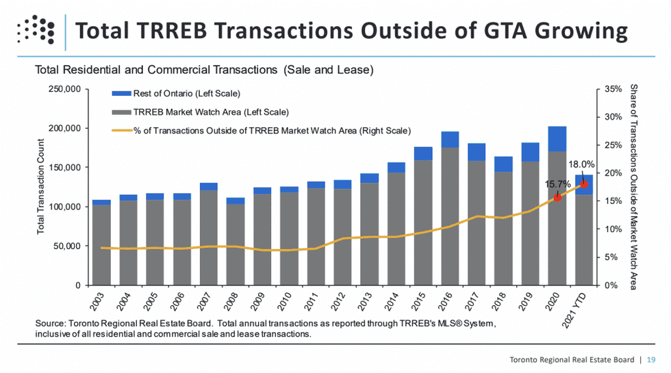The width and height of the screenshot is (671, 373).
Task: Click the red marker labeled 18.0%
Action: coord(584,184)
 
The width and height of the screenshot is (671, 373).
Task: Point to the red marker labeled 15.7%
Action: coord(557,197)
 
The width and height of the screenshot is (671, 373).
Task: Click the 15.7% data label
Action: coord(557,185)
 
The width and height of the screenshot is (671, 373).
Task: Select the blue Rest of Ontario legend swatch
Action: coord(121,94)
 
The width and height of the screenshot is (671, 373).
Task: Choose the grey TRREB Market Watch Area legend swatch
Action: coord(121,112)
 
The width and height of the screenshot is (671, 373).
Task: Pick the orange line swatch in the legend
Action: coord(121,130)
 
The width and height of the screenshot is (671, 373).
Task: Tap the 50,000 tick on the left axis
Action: coord(67,246)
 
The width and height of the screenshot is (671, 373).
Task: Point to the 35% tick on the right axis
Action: coord(613,89)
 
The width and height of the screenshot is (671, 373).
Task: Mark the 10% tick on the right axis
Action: coord(613,229)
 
